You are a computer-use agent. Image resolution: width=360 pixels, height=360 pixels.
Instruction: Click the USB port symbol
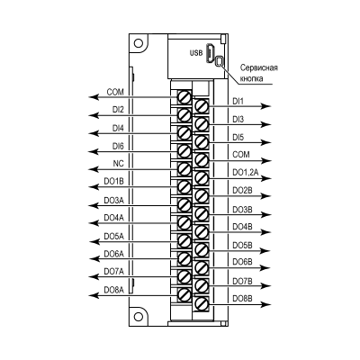[x=210, y=53]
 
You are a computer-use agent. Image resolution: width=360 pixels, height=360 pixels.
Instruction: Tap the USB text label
[x=196, y=53]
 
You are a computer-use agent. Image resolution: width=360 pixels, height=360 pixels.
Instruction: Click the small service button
[x=220, y=61]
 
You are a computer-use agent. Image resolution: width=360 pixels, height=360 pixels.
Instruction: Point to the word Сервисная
[x=259, y=67]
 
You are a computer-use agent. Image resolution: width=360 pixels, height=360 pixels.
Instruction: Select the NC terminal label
[x=118, y=164]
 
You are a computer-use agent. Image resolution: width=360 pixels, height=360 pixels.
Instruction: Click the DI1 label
[x=238, y=102]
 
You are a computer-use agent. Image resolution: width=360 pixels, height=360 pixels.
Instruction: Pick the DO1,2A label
[x=246, y=173]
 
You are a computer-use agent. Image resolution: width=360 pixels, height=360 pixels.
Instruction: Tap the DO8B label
[x=243, y=299]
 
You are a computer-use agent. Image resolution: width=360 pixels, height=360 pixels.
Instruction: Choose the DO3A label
[x=113, y=200]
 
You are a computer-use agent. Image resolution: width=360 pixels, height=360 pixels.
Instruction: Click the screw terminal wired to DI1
[x=202, y=105]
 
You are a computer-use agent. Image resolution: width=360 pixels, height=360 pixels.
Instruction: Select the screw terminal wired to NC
[x=184, y=169]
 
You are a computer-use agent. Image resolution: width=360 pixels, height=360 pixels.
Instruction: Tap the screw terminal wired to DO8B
[x=202, y=304]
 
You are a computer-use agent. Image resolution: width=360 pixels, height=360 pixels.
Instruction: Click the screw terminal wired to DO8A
[x=184, y=295]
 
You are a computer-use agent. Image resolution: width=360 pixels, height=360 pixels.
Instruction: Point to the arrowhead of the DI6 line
[x=94, y=152]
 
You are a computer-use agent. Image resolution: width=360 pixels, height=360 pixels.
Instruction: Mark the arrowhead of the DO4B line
[x=266, y=232]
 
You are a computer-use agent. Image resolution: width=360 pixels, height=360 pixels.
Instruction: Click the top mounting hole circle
[x=138, y=43]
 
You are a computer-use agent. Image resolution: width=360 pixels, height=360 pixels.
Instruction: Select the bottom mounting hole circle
[x=138, y=317]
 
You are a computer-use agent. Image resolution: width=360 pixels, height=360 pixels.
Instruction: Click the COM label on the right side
[x=241, y=155]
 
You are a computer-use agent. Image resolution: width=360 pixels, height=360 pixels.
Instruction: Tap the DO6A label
[x=113, y=254]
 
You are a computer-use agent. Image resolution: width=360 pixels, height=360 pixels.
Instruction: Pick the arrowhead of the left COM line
[x=94, y=97]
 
